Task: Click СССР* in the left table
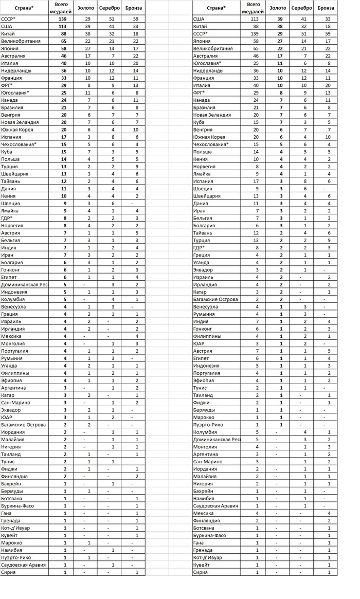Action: (9, 19)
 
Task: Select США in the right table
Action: (199, 19)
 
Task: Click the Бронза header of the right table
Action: (326, 8)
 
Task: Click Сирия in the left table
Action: (8, 572)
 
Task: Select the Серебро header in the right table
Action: (302, 8)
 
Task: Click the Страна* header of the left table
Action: (23, 8)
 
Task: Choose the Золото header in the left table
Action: (85, 8)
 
